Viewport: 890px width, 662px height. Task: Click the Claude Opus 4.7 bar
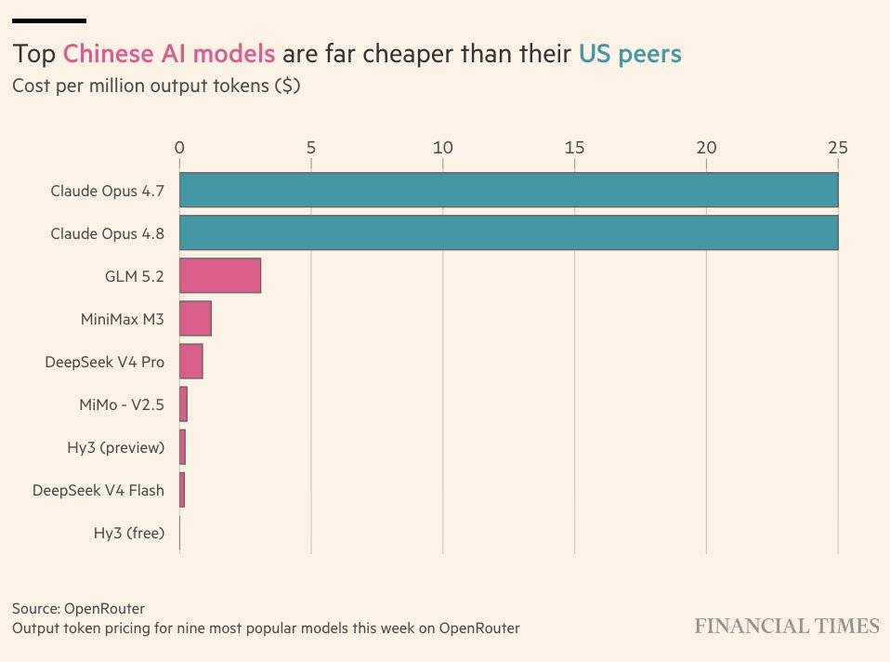(508, 190)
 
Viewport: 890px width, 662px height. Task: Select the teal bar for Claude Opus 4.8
(508, 232)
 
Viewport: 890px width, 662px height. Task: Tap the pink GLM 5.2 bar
(220, 275)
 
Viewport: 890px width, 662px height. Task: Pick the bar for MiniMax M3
(195, 318)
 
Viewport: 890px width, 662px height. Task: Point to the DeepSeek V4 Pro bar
(191, 361)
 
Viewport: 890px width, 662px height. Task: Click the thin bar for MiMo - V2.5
(183, 404)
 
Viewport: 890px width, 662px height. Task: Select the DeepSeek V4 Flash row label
(98, 490)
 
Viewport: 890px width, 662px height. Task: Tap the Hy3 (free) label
(129, 533)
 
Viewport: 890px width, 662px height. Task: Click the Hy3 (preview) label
(116, 447)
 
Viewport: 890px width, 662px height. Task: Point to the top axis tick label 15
(574, 148)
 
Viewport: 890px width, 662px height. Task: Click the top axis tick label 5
(311, 148)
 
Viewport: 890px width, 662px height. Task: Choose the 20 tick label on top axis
(707, 148)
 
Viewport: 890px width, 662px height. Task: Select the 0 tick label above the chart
(179, 148)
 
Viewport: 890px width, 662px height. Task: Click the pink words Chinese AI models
(169, 54)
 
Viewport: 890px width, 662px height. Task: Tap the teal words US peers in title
(630, 54)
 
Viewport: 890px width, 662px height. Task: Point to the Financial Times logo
(787, 626)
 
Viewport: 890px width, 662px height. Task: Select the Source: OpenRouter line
(78, 609)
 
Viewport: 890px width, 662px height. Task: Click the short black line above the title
(49, 21)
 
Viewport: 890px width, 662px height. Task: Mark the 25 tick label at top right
(838, 148)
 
